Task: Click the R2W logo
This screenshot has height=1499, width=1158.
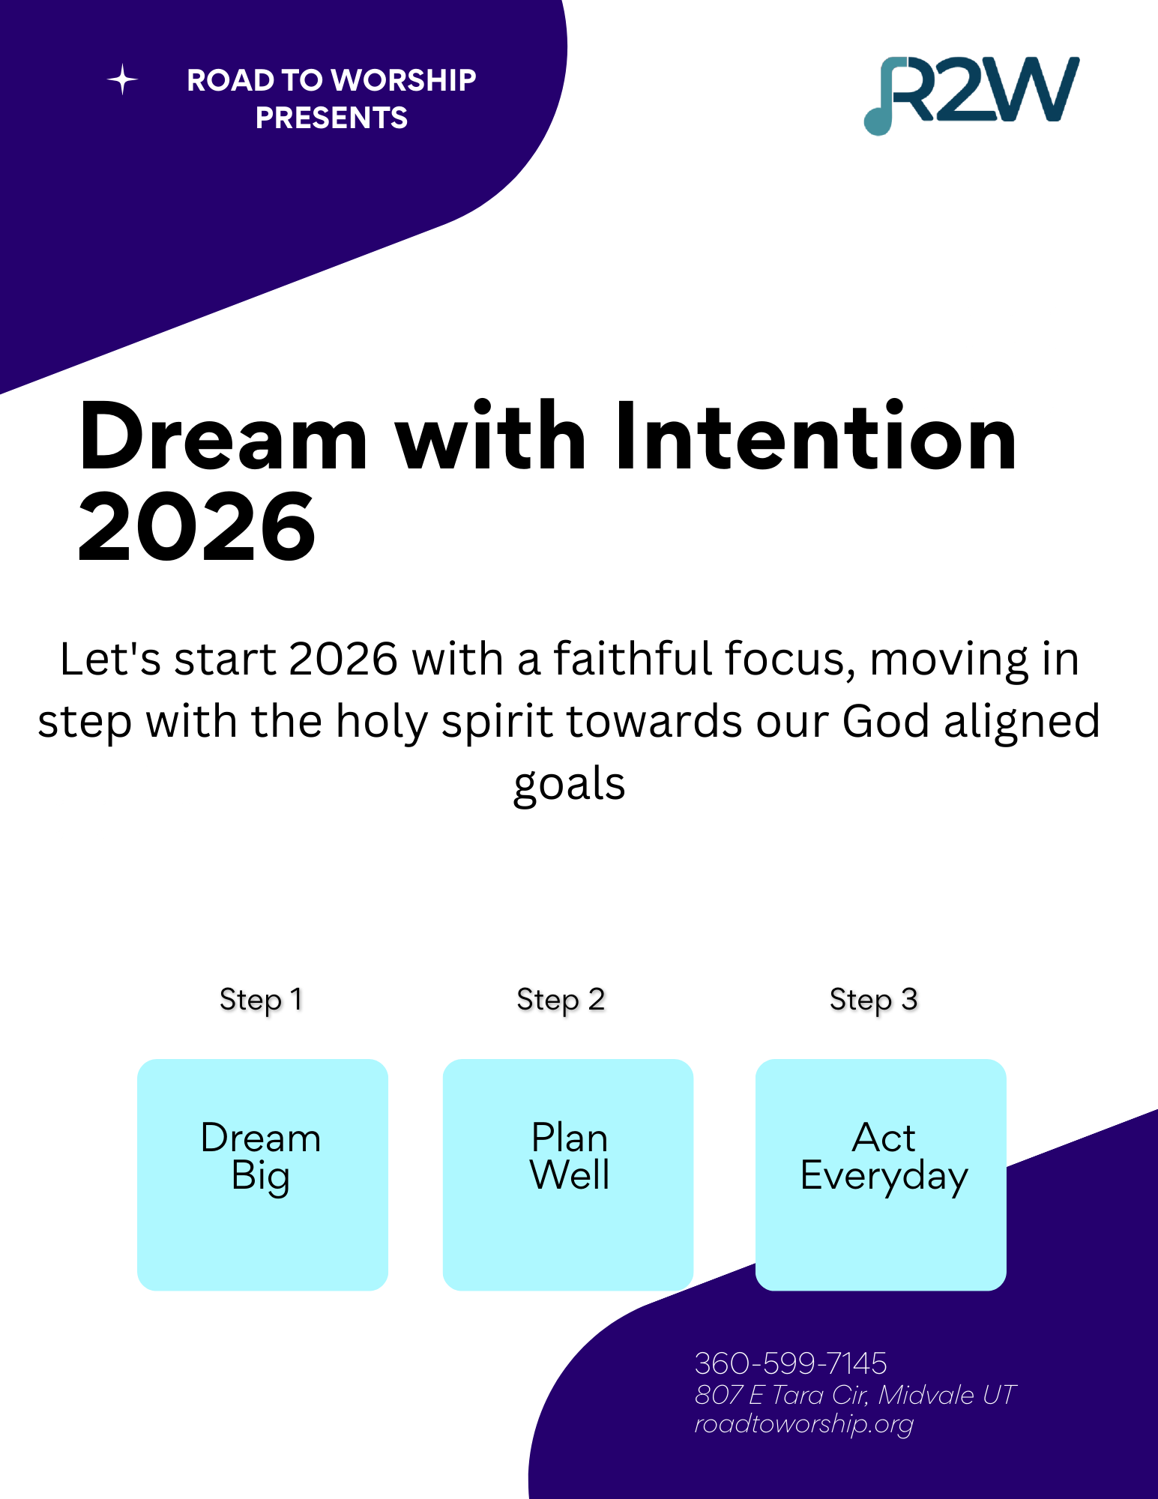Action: pyautogui.click(x=972, y=95)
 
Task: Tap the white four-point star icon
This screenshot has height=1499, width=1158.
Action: pyautogui.click(x=122, y=79)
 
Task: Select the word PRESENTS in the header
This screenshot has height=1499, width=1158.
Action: pyautogui.click(x=331, y=118)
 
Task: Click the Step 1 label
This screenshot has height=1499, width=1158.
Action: pyautogui.click(x=261, y=1001)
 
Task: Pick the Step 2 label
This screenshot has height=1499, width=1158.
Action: pyautogui.click(x=561, y=1001)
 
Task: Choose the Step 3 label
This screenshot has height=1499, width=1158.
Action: pyautogui.click(x=873, y=1001)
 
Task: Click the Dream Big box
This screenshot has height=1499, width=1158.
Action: pyautogui.click(x=262, y=1174)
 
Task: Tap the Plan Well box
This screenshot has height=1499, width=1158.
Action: pyautogui.click(x=568, y=1174)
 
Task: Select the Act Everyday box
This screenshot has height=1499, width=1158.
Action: pyautogui.click(x=881, y=1174)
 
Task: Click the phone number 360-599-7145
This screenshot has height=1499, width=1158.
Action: pyautogui.click(x=791, y=1363)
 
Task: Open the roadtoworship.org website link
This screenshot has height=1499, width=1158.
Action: pyautogui.click(x=804, y=1424)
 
